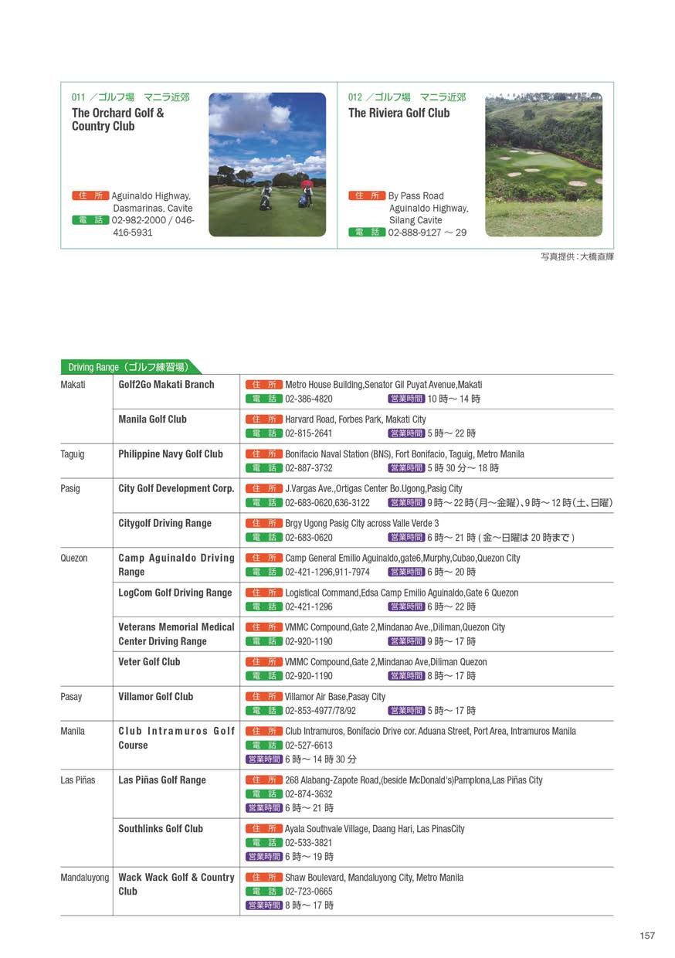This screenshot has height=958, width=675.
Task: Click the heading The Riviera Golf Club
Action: click(x=399, y=113)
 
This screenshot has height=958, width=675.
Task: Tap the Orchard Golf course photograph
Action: click(x=267, y=165)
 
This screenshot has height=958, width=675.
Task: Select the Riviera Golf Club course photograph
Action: click(x=544, y=165)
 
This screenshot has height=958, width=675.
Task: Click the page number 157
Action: click(x=647, y=936)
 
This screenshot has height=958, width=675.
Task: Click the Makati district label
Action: click(x=73, y=385)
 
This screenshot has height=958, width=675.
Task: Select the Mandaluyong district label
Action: click(x=85, y=878)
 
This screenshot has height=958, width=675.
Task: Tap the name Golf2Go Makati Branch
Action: click(x=166, y=385)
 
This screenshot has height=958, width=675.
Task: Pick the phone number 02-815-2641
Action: click(x=309, y=433)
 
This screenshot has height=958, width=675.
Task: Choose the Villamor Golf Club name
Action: click(x=155, y=697)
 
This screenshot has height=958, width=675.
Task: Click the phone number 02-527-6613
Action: click(x=309, y=746)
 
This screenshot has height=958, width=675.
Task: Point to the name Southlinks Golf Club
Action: click(x=161, y=829)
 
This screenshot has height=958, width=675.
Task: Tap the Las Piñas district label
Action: click(x=78, y=780)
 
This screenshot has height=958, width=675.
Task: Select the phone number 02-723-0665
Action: click(x=309, y=892)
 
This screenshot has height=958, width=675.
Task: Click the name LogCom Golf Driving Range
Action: click(x=175, y=593)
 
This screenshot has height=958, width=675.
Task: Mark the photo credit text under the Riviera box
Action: click(x=577, y=256)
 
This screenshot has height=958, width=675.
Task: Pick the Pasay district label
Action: click(x=71, y=697)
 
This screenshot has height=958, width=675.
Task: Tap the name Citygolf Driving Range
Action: click(x=165, y=524)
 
